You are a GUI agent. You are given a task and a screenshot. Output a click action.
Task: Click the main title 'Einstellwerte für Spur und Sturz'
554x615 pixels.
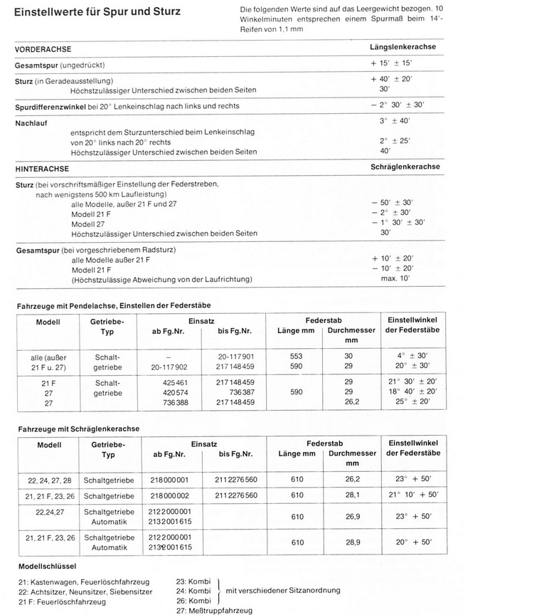point(97,11)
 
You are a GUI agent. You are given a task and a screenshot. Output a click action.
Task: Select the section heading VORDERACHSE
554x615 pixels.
point(46,49)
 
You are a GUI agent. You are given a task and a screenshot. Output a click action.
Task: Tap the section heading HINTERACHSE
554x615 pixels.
point(42,169)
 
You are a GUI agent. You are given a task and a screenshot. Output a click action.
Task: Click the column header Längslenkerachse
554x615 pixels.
point(403,47)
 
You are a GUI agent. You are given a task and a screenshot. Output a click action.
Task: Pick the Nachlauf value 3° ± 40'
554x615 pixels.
point(395,120)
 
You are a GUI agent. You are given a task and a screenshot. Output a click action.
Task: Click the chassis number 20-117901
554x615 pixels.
point(236,356)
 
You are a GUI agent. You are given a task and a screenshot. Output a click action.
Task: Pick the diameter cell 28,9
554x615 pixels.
point(353,542)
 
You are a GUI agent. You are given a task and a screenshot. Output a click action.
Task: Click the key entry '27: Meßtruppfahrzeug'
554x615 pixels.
point(213,610)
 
